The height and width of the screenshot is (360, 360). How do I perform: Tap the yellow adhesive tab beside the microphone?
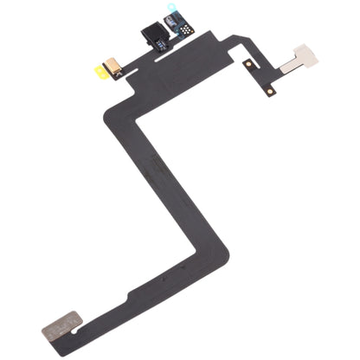tap(101, 73)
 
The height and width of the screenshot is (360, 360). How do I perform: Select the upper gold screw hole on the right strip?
tap(249, 65)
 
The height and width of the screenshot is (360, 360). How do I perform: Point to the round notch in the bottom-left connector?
tap(78, 321)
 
